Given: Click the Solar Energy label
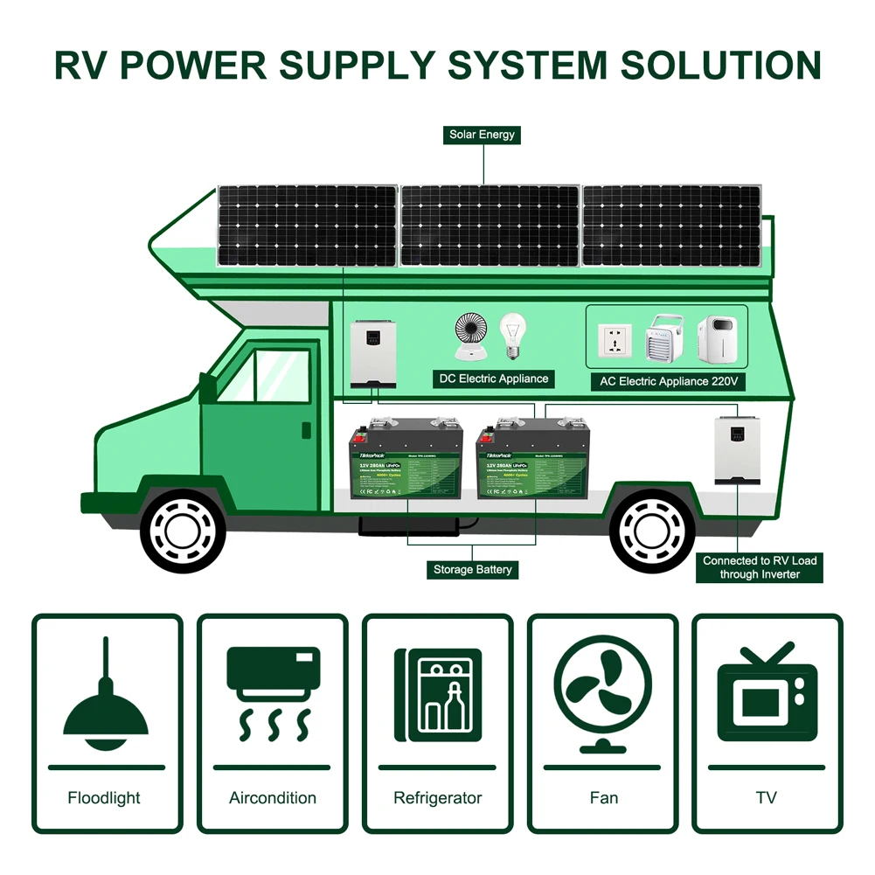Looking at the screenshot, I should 483,135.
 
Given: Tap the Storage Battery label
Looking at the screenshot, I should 473,570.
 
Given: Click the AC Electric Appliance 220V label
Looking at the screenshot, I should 669,382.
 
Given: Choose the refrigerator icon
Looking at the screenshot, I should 437,691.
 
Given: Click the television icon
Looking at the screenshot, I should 767,691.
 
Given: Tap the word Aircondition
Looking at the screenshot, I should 273,798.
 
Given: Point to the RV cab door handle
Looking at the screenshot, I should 306,429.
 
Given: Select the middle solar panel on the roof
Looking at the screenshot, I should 490,226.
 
